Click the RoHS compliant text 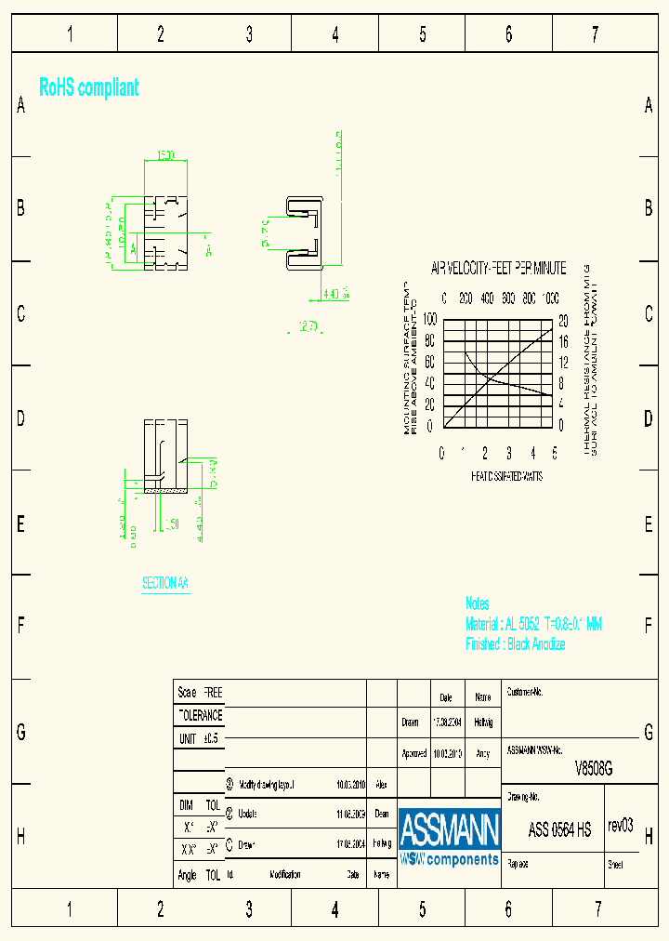coord(89,88)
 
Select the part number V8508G coord(594,768)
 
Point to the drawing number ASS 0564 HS coord(559,830)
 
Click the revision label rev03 coord(620,826)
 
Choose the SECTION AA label coord(165,583)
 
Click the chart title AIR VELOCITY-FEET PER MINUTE coord(498,269)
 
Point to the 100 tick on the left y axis coord(429,319)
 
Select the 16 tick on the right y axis coord(561,340)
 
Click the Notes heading coord(478,604)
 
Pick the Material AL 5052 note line coord(533,625)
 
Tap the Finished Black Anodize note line coord(515,644)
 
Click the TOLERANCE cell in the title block coord(200,716)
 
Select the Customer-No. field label coord(525,693)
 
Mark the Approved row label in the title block coord(414,753)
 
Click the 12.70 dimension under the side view coord(308,326)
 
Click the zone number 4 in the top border coord(335,35)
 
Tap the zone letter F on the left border coord(20,626)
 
